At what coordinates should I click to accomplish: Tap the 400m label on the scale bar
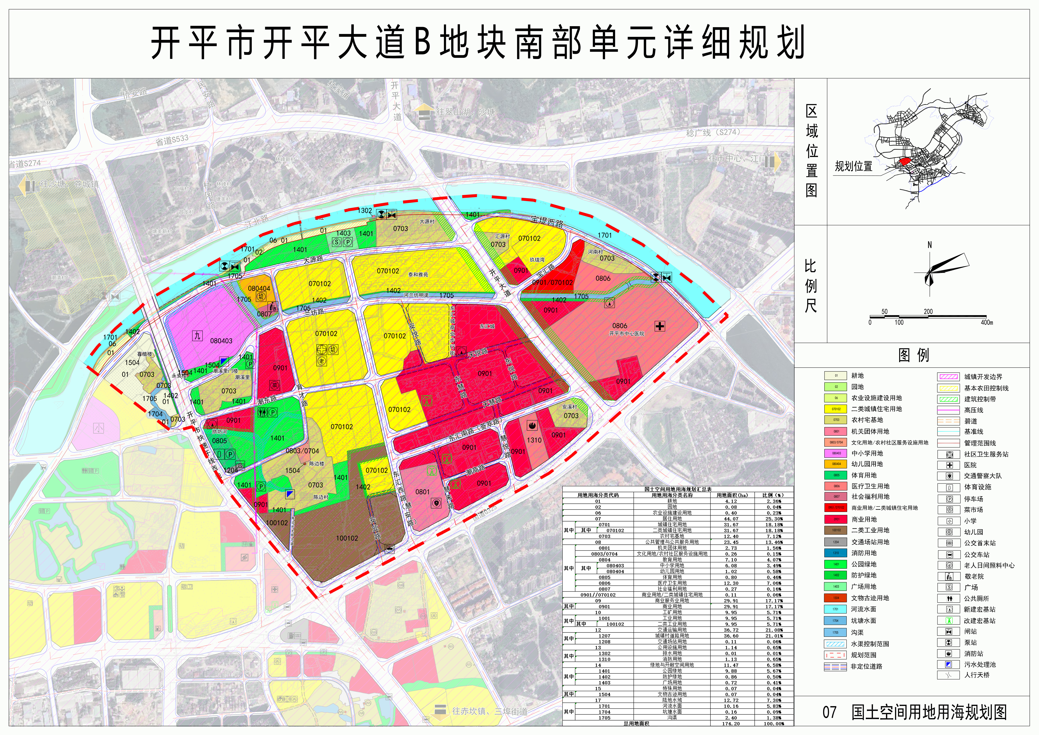pos(987,323)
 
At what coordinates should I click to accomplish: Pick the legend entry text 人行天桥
pos(977,675)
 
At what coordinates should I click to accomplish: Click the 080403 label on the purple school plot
pos(221,341)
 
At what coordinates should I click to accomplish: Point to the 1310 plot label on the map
pos(534,440)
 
